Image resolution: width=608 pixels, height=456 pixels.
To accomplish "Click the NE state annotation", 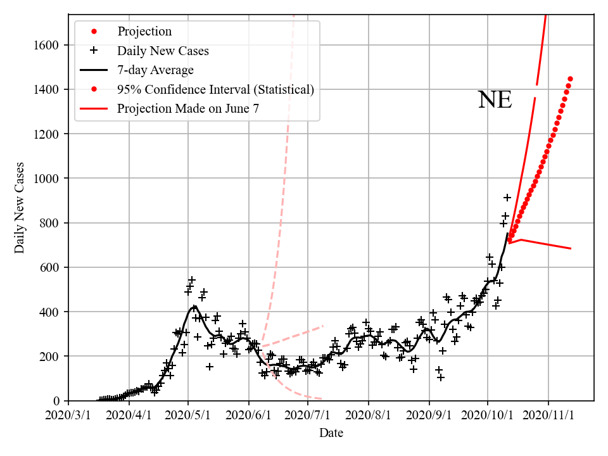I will tap(495, 100).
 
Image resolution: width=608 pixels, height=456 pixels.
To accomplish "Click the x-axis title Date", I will tap(331, 433).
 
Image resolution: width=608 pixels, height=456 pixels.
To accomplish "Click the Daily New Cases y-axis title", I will tap(20, 208).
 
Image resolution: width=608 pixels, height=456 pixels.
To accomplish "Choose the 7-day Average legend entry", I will tap(155, 70).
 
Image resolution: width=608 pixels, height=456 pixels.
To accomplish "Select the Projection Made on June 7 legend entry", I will tap(187, 109).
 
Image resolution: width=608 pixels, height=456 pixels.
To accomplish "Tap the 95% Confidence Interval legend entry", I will tap(215, 89).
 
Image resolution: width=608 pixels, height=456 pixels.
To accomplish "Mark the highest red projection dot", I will tap(570, 79).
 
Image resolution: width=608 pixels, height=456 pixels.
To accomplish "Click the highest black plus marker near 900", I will tap(507, 198).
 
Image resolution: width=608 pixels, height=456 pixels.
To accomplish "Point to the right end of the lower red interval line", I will tap(571, 248).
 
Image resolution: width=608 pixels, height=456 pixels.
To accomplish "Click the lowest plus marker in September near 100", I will tap(441, 377).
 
